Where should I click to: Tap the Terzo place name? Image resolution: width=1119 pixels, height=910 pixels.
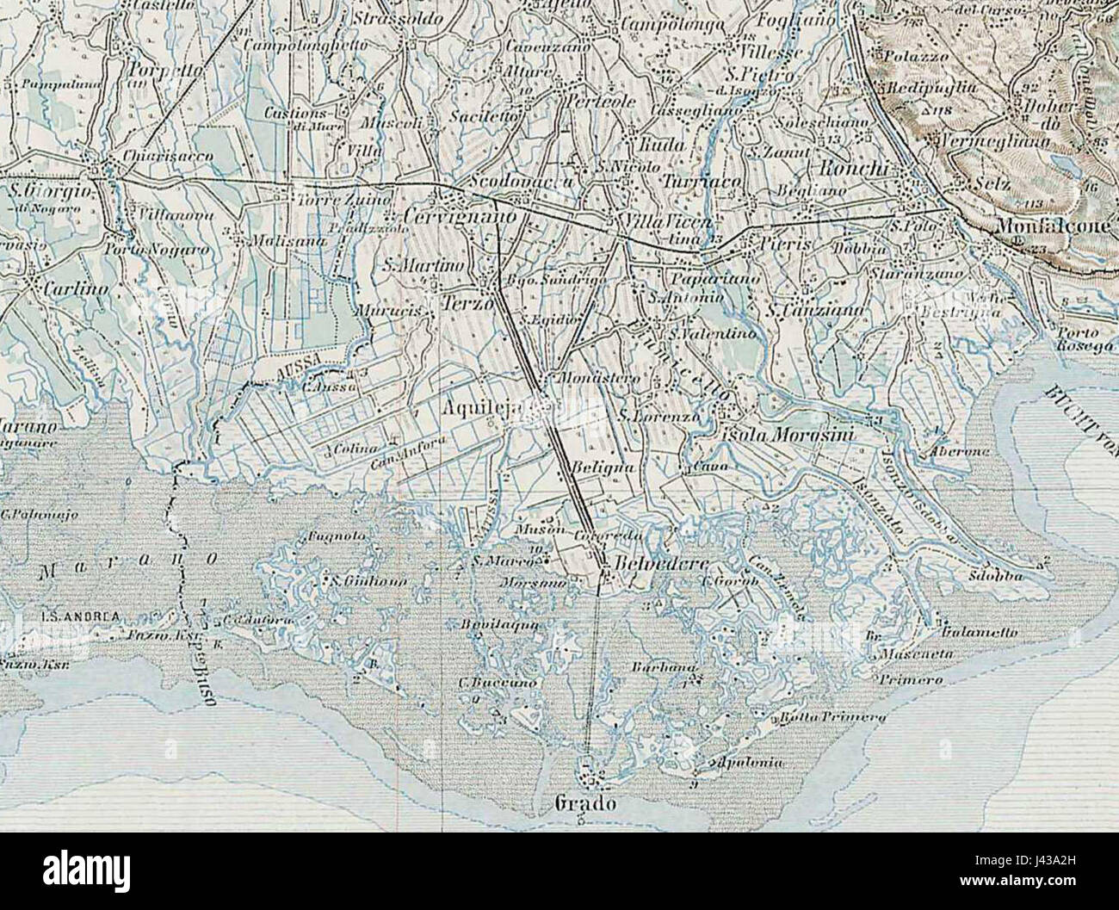pyautogui.click(x=466, y=304)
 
